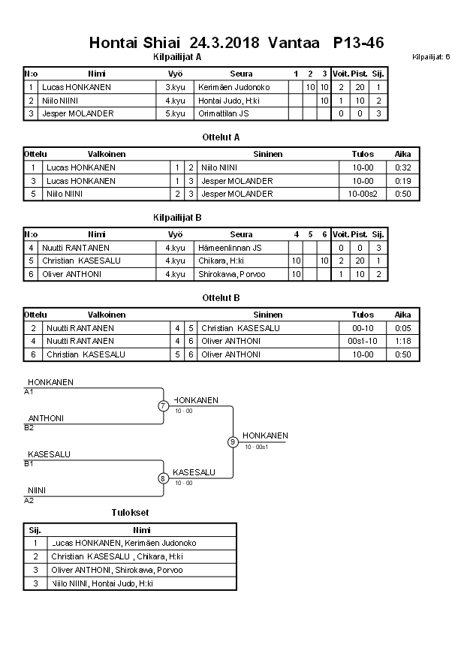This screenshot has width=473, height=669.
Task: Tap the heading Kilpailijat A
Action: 176,56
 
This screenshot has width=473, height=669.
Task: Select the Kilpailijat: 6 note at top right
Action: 431,57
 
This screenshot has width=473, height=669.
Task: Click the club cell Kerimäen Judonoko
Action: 233,87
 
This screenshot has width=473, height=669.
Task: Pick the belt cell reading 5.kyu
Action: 176,113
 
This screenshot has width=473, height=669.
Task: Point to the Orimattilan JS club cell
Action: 224,113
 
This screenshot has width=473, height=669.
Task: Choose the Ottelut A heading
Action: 221,137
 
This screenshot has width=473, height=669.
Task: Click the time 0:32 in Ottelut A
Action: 402,167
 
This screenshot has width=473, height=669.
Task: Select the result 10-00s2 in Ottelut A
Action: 363,194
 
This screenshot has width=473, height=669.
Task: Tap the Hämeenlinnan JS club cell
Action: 230,248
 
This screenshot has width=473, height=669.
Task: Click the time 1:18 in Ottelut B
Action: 402,341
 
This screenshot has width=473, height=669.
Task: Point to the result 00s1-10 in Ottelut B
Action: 363,341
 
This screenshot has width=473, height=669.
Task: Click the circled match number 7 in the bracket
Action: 163,406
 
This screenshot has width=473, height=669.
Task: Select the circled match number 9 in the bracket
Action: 233,441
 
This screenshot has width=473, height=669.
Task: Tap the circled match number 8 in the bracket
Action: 163,478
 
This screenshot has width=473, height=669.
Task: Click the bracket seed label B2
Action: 29,428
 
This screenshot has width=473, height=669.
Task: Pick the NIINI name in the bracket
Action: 37,490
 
